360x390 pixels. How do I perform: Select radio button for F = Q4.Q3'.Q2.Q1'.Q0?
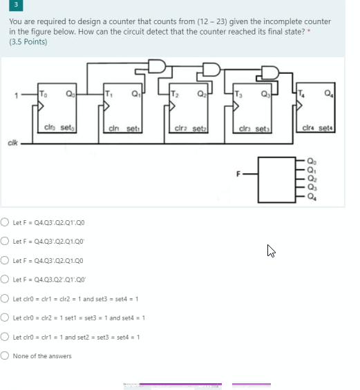5,222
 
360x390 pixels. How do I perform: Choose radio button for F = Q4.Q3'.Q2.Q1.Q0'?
5,242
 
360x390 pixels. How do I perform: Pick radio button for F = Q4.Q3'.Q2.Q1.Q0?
5,261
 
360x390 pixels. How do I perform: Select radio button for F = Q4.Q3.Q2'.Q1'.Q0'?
5,280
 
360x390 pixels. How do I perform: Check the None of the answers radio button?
5,356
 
